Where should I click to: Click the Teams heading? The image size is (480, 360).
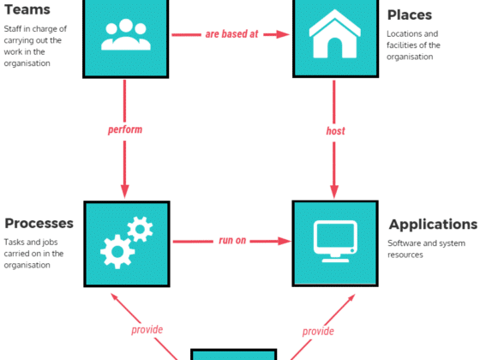point(27,9)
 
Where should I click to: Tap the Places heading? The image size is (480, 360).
point(410,15)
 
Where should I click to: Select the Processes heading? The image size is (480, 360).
point(39,223)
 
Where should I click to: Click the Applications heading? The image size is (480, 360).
point(433,225)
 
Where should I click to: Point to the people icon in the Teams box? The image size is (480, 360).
point(126,34)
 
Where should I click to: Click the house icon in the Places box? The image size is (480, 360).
point(335,33)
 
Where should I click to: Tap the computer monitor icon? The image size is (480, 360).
point(335,241)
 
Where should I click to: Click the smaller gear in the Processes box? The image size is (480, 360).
point(140,229)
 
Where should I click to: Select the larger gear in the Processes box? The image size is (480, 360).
point(117,252)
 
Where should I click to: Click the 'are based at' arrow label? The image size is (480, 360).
point(231,34)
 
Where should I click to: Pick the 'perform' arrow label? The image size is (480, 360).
point(125,129)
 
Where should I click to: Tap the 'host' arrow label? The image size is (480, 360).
point(335,131)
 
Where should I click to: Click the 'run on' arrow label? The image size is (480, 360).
point(232,240)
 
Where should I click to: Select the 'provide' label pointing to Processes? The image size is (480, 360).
point(147,330)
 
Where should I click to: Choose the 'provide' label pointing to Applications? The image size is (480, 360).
point(318,331)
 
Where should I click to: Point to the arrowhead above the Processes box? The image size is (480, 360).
point(124,191)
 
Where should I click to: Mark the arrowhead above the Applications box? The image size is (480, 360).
point(334,192)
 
